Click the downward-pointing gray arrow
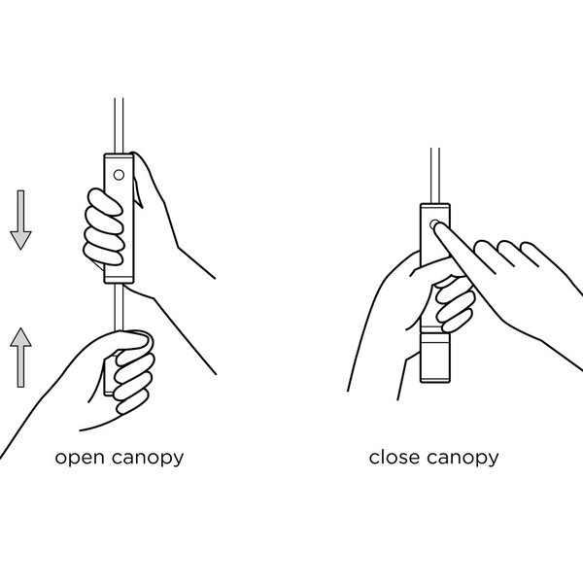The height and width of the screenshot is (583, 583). (20, 220)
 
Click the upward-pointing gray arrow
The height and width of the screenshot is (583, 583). (20, 358)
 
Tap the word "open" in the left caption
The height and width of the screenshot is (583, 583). (80, 458)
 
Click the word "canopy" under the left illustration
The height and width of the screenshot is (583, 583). (148, 458)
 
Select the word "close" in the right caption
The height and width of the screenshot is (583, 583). (394, 457)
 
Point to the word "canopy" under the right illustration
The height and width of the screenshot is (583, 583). (463, 458)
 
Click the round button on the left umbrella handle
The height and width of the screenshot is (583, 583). (119, 174)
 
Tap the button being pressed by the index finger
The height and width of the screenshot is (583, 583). (433, 224)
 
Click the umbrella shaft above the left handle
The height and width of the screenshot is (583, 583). (119, 125)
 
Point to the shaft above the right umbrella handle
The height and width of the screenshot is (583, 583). (435, 176)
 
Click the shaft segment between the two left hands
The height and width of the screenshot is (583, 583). (119, 307)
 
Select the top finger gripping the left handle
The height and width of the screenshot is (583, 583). (105, 201)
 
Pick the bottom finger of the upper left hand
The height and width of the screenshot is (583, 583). (103, 254)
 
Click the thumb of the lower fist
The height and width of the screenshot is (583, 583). (131, 341)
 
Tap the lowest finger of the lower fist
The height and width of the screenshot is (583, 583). (133, 401)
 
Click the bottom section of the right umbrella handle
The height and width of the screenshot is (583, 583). (435, 358)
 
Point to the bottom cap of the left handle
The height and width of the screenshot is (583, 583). (119, 279)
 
